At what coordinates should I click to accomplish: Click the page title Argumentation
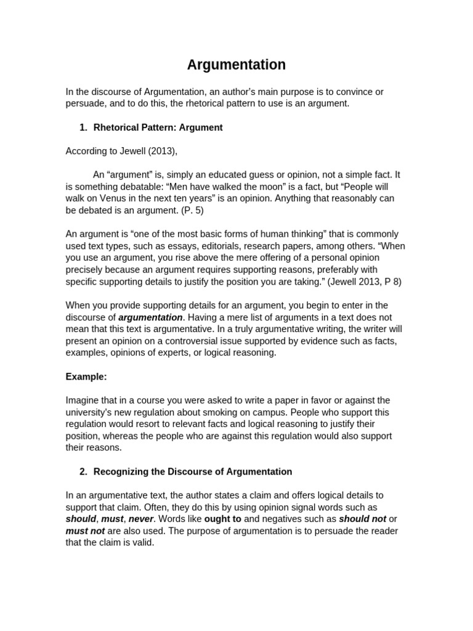236,65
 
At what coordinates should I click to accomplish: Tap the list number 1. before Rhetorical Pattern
84,128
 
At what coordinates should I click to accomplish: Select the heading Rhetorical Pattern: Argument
158,128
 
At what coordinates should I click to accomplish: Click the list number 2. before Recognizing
84,471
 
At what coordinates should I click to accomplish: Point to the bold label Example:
86,377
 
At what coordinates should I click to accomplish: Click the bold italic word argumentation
150,317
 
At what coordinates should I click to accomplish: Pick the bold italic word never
140,519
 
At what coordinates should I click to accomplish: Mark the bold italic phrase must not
85,531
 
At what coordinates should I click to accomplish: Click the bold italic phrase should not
362,519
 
